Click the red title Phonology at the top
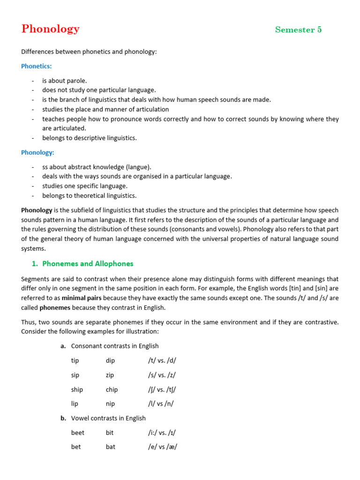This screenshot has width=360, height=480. coord(50,29)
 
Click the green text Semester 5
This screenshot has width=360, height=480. coord(298,30)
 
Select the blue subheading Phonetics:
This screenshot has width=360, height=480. coord(37,66)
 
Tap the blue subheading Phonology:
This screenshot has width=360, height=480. coord(37,152)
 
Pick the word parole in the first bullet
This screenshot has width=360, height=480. coord(76,81)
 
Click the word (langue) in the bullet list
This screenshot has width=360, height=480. coord(137,167)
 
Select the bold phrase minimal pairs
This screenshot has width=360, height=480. coord(82,298)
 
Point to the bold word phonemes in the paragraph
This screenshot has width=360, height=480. coord(55,307)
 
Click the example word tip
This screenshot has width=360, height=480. coord(75,360)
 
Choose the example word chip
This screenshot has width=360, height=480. coord(112,390)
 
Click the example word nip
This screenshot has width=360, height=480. coord(110,404)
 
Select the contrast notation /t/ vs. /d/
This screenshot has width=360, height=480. coord(162,360)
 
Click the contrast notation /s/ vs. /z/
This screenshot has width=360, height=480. coord(162,375)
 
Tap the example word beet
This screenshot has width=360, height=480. coord(78,433)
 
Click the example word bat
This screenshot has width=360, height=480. coord(111,447)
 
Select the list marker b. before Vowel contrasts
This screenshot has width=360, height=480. coord(63,418)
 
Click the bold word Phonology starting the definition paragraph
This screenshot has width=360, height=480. coord(37,210)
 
